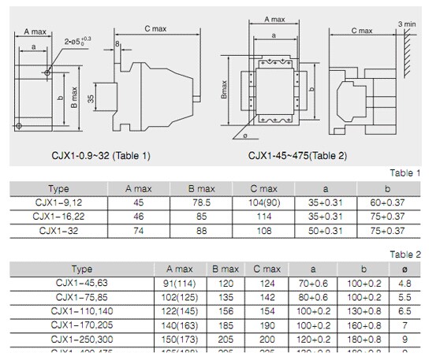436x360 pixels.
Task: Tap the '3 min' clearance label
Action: tap(406, 24)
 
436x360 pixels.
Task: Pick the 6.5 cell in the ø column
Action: tap(406, 310)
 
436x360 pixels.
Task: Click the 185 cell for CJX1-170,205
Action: tap(225, 324)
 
